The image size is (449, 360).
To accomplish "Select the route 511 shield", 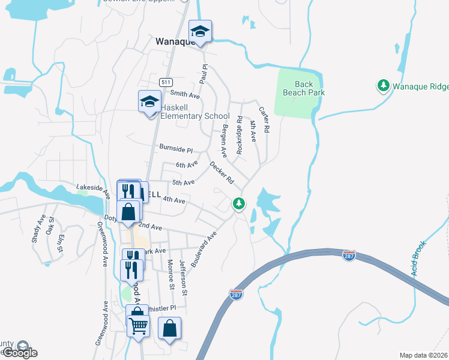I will click(x=166, y=82).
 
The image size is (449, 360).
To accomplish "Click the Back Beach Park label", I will click(x=310, y=89).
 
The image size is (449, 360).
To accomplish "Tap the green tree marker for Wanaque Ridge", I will click(x=383, y=86).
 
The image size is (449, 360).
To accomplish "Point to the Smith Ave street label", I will click(x=185, y=94).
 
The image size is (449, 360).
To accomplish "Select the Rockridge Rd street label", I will click(x=240, y=135).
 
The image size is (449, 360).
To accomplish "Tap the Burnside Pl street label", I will click(x=175, y=148).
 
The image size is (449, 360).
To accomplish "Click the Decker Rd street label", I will click(x=221, y=172).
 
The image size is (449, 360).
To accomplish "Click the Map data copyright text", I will click(x=424, y=355).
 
